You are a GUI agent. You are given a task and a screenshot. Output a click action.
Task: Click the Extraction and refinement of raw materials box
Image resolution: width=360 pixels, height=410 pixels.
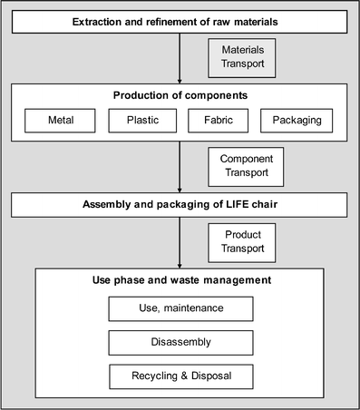[180, 21]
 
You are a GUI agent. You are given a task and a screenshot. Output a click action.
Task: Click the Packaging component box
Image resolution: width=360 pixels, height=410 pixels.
[297, 120]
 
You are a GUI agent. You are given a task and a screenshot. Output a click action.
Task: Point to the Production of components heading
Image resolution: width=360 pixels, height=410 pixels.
[180, 96]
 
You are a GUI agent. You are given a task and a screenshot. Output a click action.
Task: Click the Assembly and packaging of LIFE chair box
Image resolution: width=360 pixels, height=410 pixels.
[180, 203]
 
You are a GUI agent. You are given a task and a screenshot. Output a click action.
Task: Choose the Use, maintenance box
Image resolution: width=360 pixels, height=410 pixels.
[180, 309]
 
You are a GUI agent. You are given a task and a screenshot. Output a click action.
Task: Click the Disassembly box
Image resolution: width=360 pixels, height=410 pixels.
[180, 343]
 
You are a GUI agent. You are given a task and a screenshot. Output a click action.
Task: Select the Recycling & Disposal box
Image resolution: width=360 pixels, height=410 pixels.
[180, 376]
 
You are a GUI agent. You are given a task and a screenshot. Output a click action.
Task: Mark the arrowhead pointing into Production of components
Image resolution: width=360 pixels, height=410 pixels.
[180, 80]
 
